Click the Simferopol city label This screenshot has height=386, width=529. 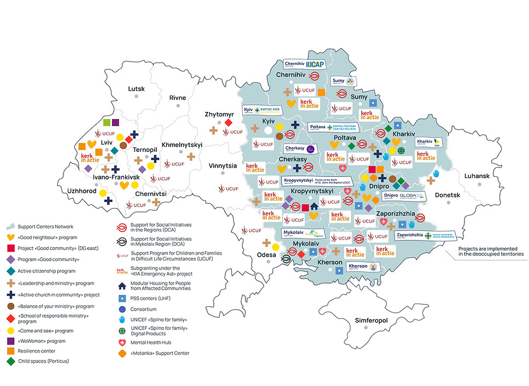pyautogui.click(x=371, y=320)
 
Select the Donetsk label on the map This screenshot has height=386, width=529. pyautogui.click(x=448, y=195)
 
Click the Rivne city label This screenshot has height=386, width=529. pyautogui.click(x=178, y=98)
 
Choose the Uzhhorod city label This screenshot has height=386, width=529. pyautogui.click(x=83, y=192)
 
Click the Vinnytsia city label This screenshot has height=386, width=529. pyautogui.click(x=222, y=165)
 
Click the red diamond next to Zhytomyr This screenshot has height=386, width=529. pyautogui.click(x=228, y=123)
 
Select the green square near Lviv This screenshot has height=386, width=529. pyautogui.click(x=107, y=123)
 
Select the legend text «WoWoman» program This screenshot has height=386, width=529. pyautogui.click(x=38, y=341)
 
